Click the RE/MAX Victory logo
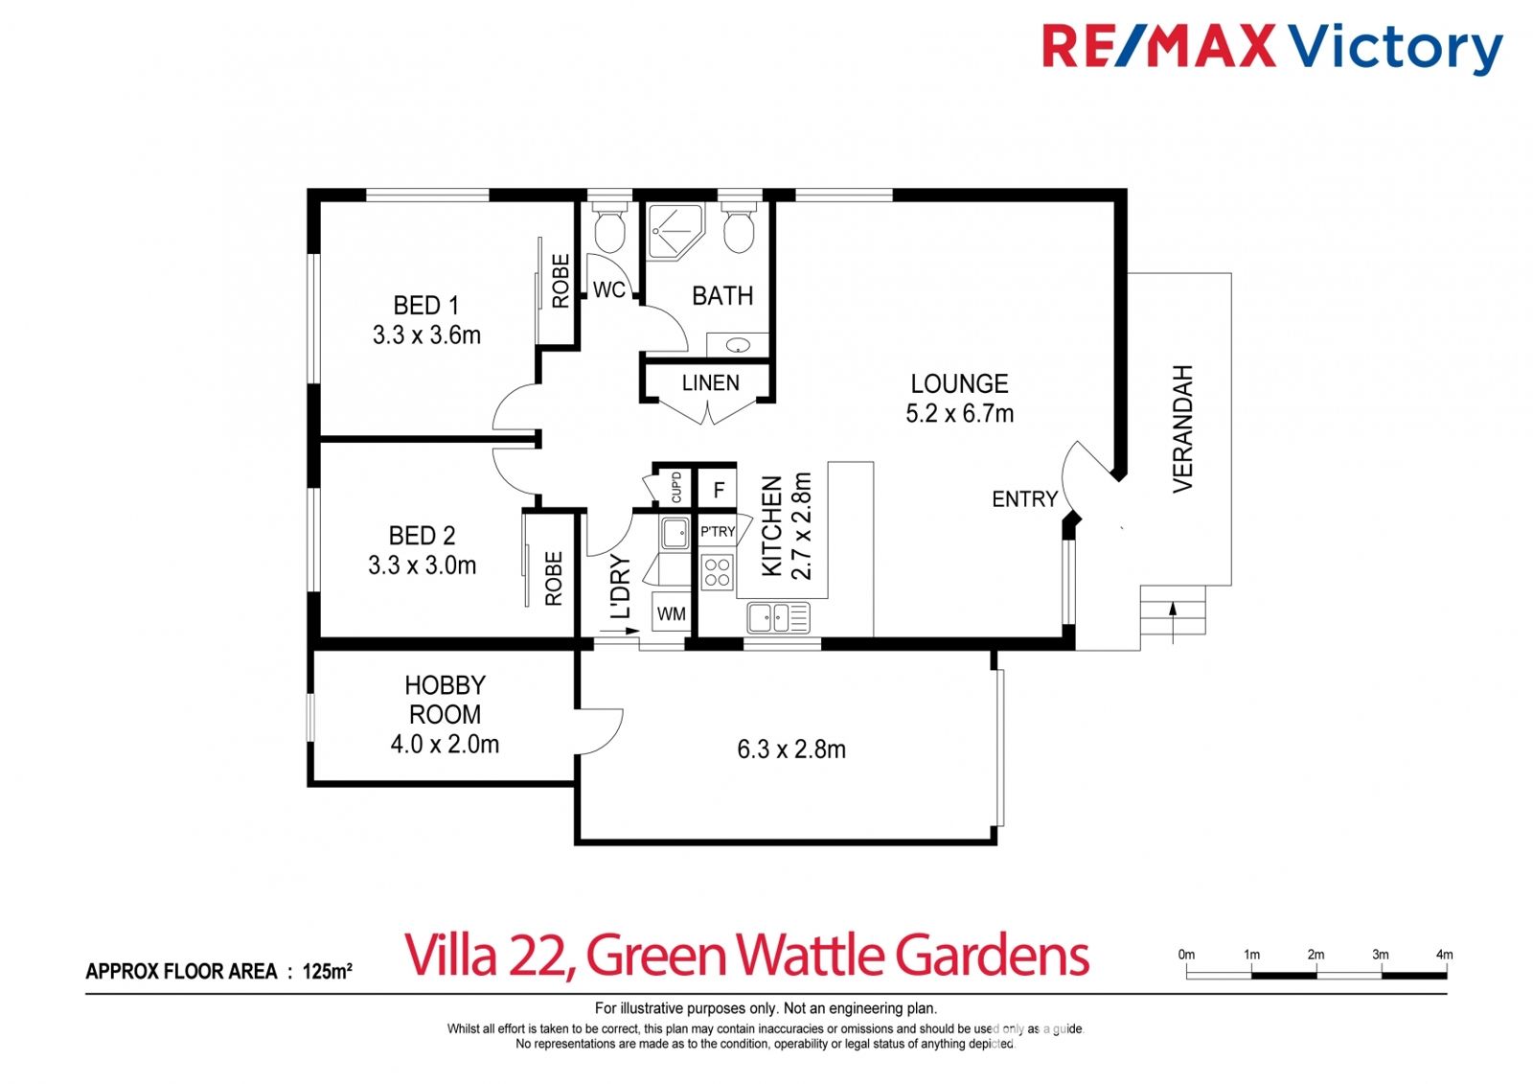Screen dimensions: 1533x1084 [1272, 47]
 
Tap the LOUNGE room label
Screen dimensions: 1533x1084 [959, 383]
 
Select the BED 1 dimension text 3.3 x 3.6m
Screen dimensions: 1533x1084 [426, 334]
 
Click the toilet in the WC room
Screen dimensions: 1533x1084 [609, 226]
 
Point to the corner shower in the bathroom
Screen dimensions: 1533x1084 [675, 231]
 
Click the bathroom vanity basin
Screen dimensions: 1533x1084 [738, 345]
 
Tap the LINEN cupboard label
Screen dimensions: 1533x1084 [710, 382]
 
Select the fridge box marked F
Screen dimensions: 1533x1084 [718, 489]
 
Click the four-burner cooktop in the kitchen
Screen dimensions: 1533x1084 [717, 572]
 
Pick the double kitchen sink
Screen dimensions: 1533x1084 [778, 617]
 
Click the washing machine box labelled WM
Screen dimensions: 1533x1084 [671, 612]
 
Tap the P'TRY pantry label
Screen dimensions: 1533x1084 [718, 531]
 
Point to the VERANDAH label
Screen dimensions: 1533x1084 [1183, 428]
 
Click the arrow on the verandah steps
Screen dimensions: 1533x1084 [1173, 622]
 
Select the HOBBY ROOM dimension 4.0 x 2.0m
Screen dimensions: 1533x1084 [445, 745]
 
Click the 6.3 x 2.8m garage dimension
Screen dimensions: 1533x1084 [791, 750]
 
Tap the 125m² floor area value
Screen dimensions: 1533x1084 [327, 970]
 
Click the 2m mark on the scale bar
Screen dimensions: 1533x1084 [1316, 955]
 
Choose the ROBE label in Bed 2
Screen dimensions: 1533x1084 [553, 579]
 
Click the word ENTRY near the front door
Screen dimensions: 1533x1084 [1024, 499]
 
